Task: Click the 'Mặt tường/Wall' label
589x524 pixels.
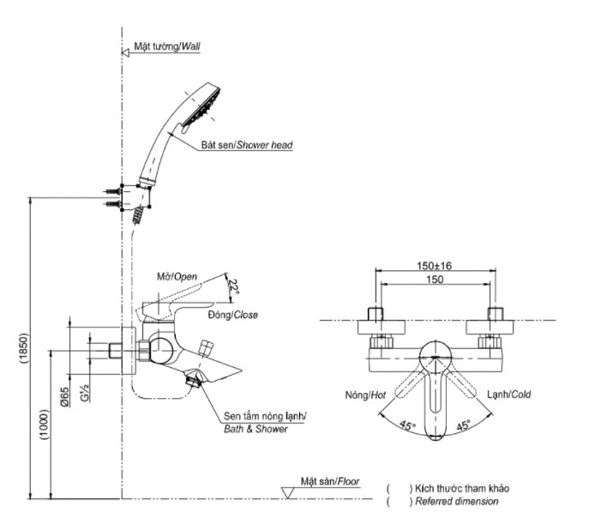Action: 167,46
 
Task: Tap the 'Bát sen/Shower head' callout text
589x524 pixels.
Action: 247,145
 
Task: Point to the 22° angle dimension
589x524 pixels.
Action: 234,286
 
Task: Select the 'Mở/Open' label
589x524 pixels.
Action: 177,277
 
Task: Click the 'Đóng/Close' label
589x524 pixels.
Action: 233,315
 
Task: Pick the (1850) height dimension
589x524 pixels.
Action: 24,348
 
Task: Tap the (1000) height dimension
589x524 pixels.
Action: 45,425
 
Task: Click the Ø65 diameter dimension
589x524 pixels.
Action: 64,397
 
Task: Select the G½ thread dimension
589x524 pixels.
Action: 85,393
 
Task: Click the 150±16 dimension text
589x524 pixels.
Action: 434,266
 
